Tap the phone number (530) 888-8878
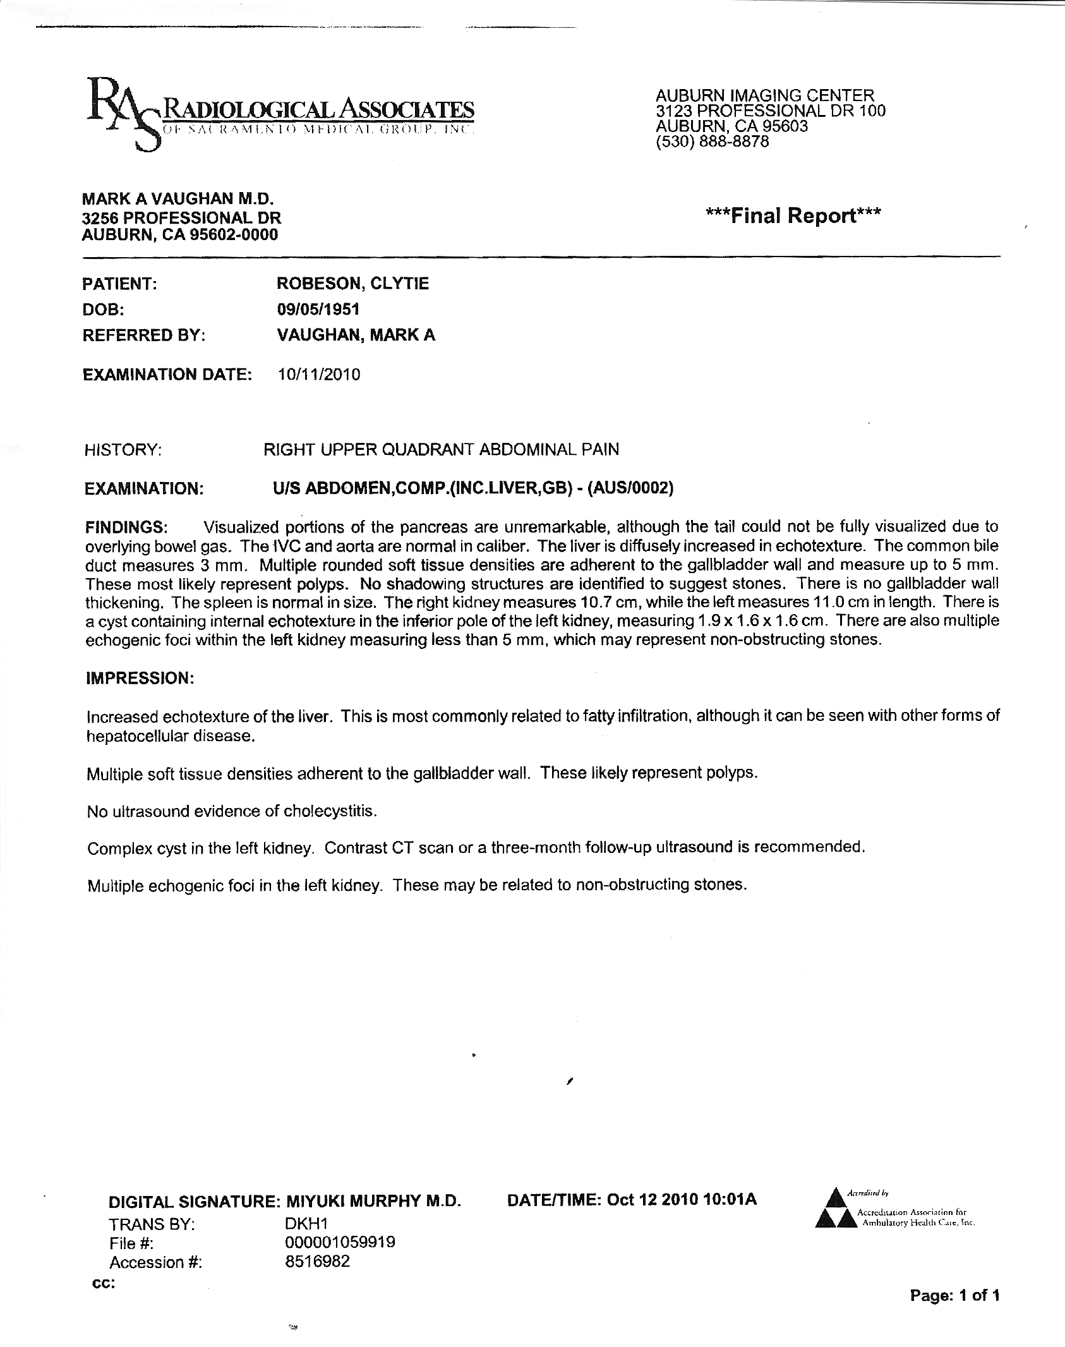pyautogui.click(x=713, y=142)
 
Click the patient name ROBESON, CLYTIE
pyautogui.click(x=352, y=284)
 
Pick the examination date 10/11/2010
pyautogui.click(x=319, y=375)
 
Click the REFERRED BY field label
pyautogui.click(x=145, y=335)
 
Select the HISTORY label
pyautogui.click(x=123, y=450)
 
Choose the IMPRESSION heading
pyautogui.click(x=139, y=679)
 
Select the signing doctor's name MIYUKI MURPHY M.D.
pyautogui.click(x=374, y=1202)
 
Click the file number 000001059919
pyautogui.click(x=340, y=1243)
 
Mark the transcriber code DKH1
pyautogui.click(x=306, y=1223)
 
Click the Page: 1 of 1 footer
pyautogui.click(x=954, y=1296)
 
